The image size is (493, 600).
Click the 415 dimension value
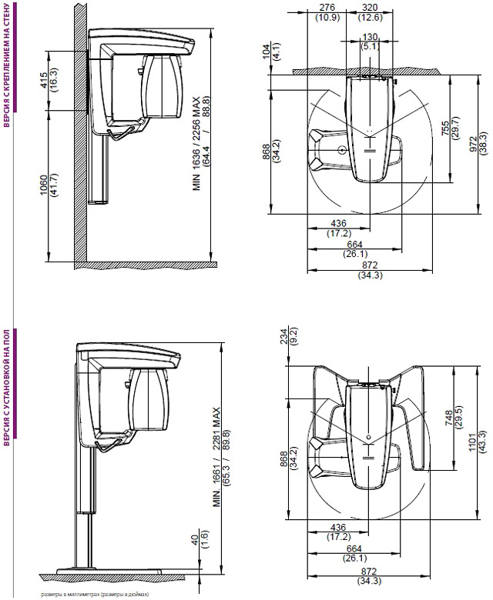tap(44, 80)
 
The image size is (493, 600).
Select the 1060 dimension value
tap(44, 185)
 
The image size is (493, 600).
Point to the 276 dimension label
tap(327, 7)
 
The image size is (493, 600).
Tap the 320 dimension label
tap(370, 7)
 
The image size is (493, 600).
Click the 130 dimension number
tap(370, 37)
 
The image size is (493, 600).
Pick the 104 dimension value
tap(267, 51)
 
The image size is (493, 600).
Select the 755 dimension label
tap(444, 129)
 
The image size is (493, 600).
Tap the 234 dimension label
tap(283, 337)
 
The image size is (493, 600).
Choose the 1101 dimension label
tap(472, 442)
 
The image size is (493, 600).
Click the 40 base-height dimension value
tap(196, 540)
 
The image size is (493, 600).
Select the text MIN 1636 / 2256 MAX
tap(196, 144)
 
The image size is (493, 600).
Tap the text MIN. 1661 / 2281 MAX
tap(217, 457)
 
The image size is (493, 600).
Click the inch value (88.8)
tap(207, 107)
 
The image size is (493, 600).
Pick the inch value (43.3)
tap(482, 442)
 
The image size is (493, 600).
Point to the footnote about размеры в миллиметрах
tap(95, 595)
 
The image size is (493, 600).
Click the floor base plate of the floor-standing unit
tap(109, 572)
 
